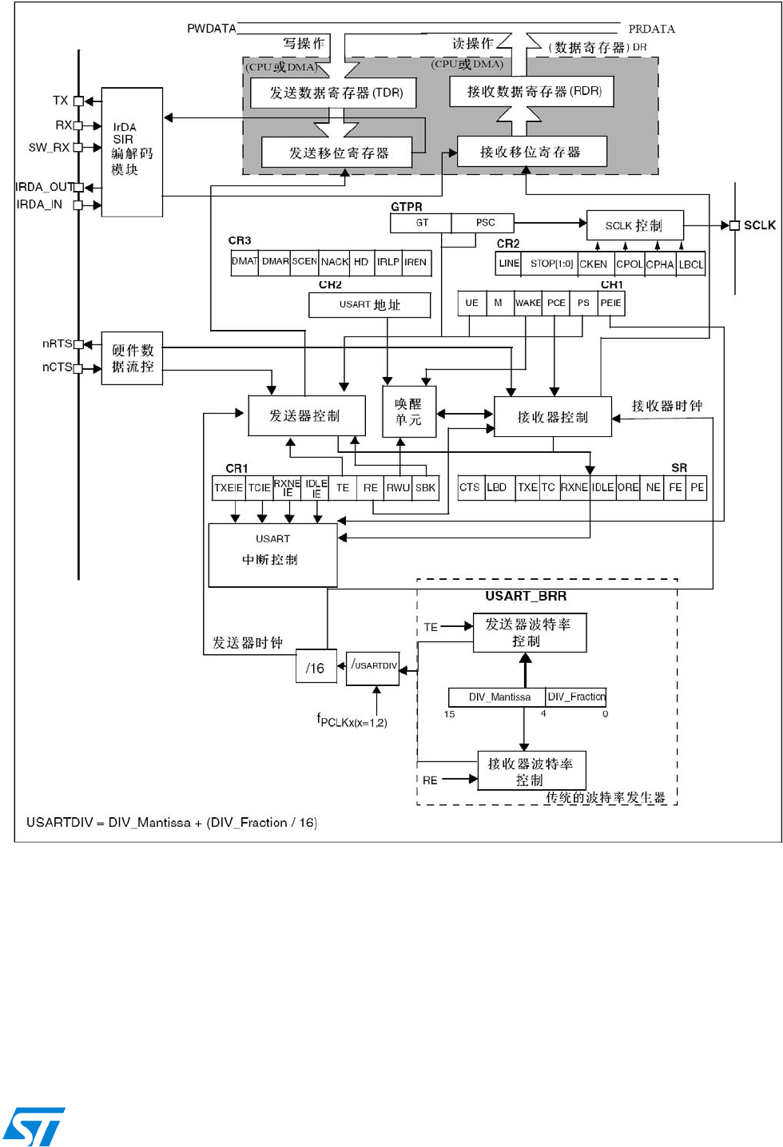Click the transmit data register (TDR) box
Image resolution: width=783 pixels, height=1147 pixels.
[333, 93]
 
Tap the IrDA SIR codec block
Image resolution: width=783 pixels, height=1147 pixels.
[132, 152]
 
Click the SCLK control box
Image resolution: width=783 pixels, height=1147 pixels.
[634, 225]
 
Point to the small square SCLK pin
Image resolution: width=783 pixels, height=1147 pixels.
[735, 225]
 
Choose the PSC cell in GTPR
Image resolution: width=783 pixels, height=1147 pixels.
[484, 223]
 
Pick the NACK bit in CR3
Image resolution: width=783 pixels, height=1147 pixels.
[335, 262]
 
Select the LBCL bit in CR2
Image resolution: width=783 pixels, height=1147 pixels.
[691, 264]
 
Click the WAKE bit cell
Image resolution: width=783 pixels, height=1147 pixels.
[527, 304]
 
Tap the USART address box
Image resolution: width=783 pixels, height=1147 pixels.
[369, 304]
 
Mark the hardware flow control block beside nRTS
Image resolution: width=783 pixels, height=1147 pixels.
[132, 359]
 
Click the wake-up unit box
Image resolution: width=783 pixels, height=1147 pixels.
[409, 412]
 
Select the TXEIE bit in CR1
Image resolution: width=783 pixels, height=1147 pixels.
[229, 488]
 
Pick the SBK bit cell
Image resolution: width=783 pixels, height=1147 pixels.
[426, 488]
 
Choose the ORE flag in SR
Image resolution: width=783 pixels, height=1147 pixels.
[628, 488]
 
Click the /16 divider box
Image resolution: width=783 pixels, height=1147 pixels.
[316, 668]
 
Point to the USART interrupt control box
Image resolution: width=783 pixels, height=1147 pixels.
[272, 554]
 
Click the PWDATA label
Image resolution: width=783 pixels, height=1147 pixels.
[211, 29]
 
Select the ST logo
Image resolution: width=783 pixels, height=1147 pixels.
[34, 1126]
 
